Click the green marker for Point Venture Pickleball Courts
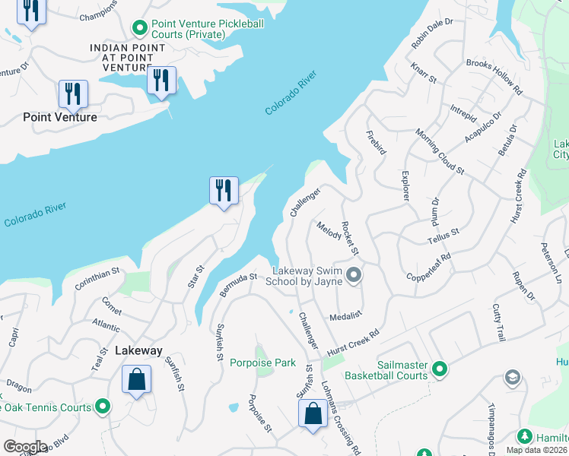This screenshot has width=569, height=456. [x=139, y=29]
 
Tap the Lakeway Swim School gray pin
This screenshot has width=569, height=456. [x=353, y=274]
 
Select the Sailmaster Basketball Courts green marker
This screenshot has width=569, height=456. [x=439, y=369]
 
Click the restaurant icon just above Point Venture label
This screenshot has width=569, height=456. [x=73, y=93]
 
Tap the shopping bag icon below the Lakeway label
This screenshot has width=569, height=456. [x=136, y=378]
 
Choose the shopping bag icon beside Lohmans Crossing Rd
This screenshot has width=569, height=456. [x=313, y=414]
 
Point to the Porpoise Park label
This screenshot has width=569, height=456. [x=262, y=363]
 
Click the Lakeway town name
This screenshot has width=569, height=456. [x=138, y=350]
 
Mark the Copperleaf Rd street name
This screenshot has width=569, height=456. [x=429, y=267]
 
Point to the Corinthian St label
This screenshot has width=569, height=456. [x=97, y=279]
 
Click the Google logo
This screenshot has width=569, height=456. [x=24, y=447]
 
